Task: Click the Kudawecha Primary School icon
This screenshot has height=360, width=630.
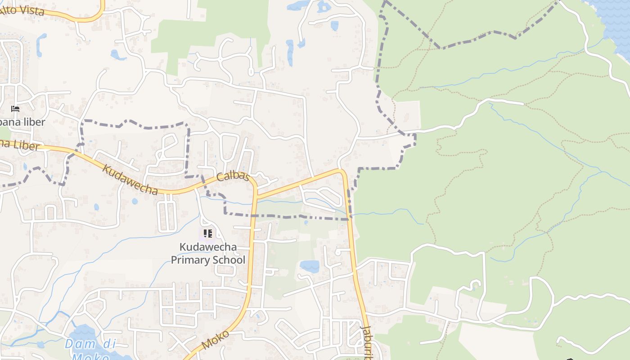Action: pos(207,234)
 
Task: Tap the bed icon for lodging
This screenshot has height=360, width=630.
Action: pos(15,109)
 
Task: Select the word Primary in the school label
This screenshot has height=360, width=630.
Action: pos(192,260)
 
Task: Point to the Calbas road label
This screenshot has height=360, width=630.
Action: pos(233,176)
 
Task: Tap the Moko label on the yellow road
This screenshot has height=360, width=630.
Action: pos(215,340)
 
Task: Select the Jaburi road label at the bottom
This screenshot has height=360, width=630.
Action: pos(366,342)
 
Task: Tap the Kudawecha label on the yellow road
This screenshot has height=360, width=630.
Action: pos(130,180)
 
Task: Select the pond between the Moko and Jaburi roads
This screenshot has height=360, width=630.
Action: pos(310,266)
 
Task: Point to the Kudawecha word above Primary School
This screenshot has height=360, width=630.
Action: pos(208,247)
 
